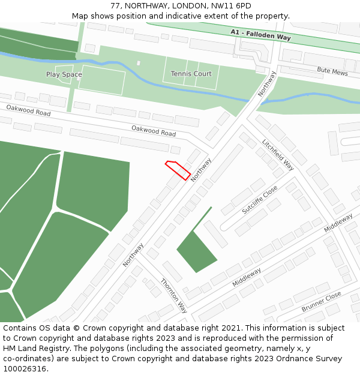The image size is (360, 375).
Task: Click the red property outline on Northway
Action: (x=178, y=170)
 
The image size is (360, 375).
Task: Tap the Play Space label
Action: (x=64, y=74)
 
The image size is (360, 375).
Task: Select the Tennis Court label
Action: (x=191, y=74)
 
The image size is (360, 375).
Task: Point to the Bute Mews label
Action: (x=332, y=71)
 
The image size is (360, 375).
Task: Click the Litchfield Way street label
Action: (x=278, y=154)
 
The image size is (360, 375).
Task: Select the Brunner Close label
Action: (x=321, y=302)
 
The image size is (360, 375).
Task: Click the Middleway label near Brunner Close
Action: (x=247, y=277)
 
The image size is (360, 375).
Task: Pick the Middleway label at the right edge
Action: (x=338, y=223)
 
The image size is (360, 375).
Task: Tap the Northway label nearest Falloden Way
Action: (x=267, y=84)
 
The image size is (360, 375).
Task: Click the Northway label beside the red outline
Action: (x=201, y=170)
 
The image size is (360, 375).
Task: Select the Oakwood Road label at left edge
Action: (x=28, y=110)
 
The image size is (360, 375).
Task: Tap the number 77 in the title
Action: (x=115, y=6)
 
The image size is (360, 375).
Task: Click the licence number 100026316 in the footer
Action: (x=24, y=369)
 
